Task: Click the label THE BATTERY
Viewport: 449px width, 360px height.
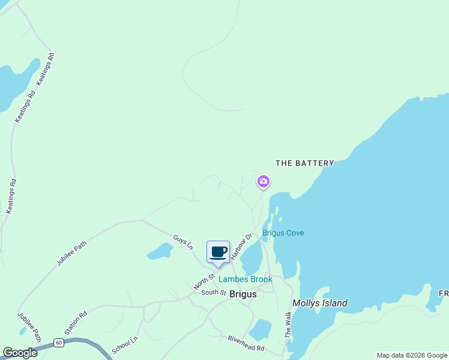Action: [x=304, y=163]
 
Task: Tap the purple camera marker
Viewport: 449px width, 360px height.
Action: [x=263, y=181]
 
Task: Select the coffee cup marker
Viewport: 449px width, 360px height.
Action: [x=218, y=253]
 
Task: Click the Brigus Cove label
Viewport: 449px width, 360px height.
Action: [x=283, y=233]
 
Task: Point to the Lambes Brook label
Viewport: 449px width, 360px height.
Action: [x=245, y=280]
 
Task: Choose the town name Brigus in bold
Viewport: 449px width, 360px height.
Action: [x=243, y=294]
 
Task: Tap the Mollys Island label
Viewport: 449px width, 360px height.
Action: [x=319, y=303]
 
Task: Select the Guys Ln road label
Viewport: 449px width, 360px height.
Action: [x=183, y=243]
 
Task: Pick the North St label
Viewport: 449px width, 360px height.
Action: [x=204, y=281]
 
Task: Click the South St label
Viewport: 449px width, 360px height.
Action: [x=213, y=293]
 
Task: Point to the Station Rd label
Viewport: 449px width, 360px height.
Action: [x=76, y=323]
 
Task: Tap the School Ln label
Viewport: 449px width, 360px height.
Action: [x=125, y=344]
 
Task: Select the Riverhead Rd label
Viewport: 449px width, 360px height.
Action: [x=246, y=343]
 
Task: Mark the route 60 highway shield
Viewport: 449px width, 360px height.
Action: [x=58, y=343]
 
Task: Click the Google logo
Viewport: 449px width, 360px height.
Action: [x=20, y=353]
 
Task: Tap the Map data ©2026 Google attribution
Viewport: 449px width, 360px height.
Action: [x=412, y=355]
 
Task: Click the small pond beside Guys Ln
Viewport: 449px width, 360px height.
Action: [x=160, y=251]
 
